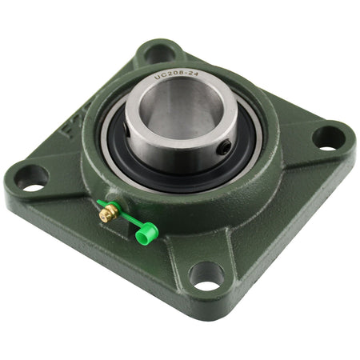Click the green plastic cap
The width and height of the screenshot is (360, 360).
tap(145, 235)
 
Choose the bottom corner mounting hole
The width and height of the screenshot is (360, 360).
tap(207, 277)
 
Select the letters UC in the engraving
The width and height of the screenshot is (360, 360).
tap(159, 78)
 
